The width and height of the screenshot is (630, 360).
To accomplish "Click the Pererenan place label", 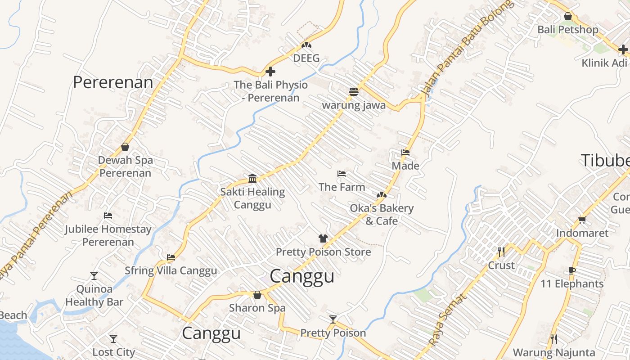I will pos(113,82).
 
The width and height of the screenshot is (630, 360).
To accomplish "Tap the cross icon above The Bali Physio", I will pos(270,72).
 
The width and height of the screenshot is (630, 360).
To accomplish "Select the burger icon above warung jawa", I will pos(354,92).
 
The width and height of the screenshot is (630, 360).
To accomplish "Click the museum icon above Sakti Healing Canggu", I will pos(252,179).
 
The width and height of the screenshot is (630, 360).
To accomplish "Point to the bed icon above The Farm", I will pos(342,174).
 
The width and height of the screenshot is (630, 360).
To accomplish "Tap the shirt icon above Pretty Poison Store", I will pos(323,238).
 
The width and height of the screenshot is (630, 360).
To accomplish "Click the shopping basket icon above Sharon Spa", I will pos(257,295).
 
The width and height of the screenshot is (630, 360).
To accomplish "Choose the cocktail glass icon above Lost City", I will pos(113,338).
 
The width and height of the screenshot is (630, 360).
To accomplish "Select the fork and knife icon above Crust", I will pos(501,252).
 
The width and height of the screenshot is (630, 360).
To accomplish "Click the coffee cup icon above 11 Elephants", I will pos(572,270).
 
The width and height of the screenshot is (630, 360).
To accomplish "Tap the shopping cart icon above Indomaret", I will pos(582,220).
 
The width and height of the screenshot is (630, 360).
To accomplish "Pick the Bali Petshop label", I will pos(568,30).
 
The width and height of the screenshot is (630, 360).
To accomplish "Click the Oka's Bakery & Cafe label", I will pos(382,215).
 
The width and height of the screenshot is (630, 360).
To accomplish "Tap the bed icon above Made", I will pos(405,153).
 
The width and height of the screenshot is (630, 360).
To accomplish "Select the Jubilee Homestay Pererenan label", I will pos(108,235).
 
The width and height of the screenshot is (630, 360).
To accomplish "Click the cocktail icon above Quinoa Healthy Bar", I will pos(94,275).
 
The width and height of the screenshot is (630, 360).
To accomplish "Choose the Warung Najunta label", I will pos(554,352).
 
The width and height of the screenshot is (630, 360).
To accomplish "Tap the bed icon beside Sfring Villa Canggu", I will pos(171,258).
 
